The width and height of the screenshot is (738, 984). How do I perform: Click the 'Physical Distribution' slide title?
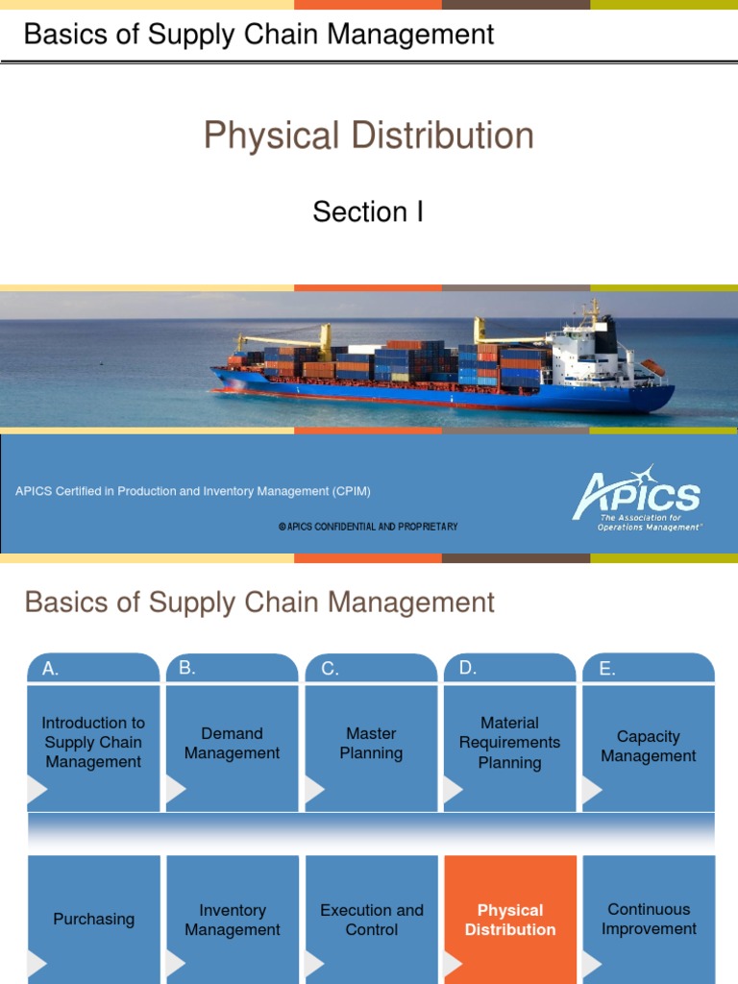[x=368, y=135]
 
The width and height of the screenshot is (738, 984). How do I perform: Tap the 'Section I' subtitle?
[x=368, y=211]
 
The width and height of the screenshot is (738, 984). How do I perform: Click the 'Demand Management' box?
[x=232, y=743]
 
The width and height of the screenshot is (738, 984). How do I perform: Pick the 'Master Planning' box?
[x=371, y=743]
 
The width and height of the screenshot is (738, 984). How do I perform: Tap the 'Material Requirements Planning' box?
[x=509, y=743]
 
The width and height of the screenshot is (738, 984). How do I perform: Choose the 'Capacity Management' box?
[x=649, y=746]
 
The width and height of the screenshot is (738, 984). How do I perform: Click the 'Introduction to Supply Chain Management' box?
[x=93, y=742]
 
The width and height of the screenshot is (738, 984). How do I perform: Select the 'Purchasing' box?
[x=93, y=920]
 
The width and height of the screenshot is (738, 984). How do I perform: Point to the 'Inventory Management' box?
[x=232, y=920]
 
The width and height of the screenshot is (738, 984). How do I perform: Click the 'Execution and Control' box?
[x=371, y=920]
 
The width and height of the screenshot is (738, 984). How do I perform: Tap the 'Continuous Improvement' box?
[x=649, y=919]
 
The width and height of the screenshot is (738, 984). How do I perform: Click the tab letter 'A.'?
[x=50, y=670]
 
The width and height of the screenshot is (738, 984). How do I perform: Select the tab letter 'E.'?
[x=606, y=670]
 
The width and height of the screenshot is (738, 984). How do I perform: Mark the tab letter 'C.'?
[x=330, y=670]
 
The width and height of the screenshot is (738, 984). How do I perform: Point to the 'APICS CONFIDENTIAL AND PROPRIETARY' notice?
[x=368, y=527]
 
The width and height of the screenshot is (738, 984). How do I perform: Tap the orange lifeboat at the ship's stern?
[x=652, y=367]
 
